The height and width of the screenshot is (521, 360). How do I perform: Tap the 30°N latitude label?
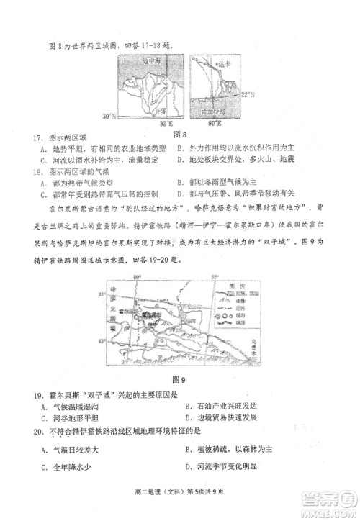coord(110,115)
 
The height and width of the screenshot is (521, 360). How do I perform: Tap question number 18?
coord(37,172)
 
